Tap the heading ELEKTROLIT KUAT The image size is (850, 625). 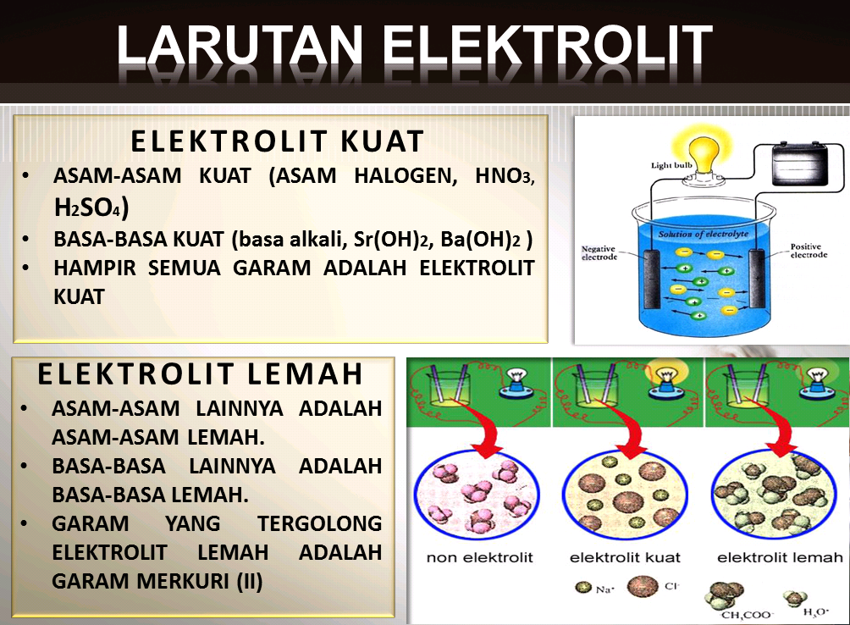277,141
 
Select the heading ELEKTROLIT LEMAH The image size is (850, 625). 201,373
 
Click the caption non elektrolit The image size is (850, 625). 480,557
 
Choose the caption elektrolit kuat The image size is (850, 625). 625,557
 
